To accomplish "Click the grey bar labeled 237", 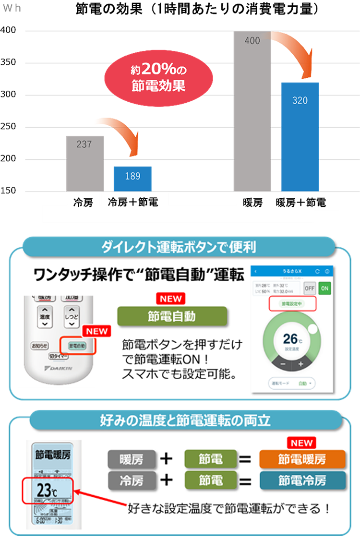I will click(85, 163).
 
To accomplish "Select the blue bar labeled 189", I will click(132, 179).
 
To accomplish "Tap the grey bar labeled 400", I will click(252, 110).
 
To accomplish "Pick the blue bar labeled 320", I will click(300, 137).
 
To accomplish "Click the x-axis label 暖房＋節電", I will click(301, 203).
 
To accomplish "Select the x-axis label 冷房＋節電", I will click(133, 203).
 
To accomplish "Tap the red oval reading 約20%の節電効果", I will click(158, 79).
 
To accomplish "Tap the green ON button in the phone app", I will click(325, 288).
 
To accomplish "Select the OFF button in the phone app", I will click(310, 288).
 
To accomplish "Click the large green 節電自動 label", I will click(172, 317).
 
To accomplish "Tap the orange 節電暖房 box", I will click(302, 459).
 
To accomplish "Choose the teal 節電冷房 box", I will click(302, 480).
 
